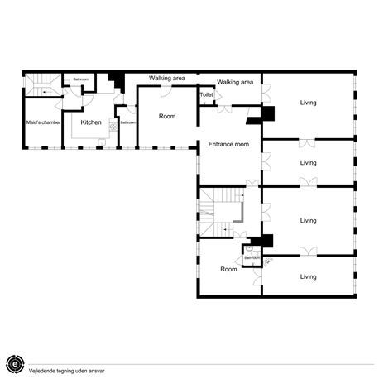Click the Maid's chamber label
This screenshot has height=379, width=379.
[43, 122]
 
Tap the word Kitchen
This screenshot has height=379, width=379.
[91, 122]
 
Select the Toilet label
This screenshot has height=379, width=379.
[207, 94]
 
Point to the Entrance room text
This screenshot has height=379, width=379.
[228, 144]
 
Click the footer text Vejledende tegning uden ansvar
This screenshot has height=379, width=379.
[66, 371]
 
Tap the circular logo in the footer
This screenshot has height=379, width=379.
[15, 364]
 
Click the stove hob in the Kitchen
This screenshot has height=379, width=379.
[113, 127]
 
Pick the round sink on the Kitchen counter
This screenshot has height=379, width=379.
[102, 142]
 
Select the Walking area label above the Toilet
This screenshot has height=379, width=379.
[235, 82]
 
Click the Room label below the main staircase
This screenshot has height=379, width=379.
[228, 269]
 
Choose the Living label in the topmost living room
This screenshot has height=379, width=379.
[308, 103]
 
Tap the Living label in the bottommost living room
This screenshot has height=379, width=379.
[308, 276]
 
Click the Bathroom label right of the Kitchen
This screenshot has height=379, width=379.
[128, 122]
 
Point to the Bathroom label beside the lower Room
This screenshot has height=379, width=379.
[252, 257]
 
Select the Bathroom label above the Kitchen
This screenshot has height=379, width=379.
[81, 79]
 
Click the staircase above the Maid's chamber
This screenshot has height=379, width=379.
[43, 84]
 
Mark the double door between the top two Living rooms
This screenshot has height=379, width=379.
[307, 143]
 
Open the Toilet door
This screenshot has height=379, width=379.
[218, 95]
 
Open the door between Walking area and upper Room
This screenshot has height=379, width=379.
[166, 91]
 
